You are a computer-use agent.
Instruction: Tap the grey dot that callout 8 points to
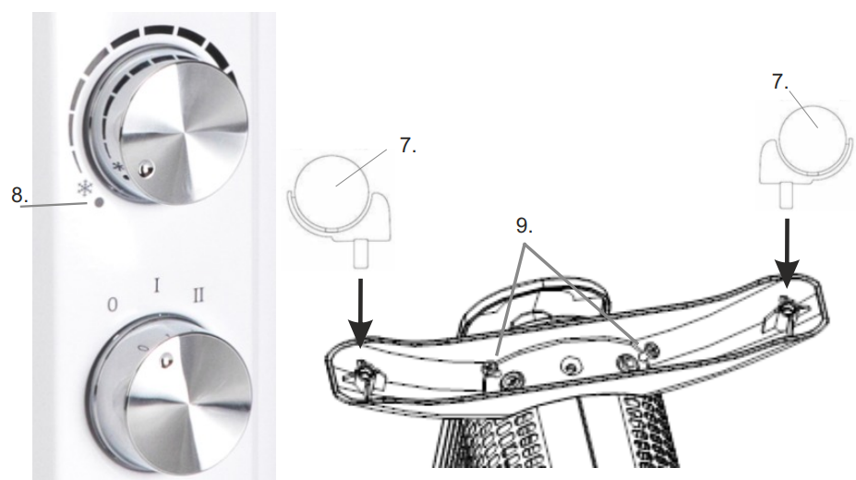pos(99,203)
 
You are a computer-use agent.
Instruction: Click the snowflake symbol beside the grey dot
pos(84,188)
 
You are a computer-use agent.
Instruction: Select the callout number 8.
pos(19,195)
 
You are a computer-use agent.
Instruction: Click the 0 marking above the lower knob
pos(112,305)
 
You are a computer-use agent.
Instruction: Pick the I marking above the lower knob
pos(157,285)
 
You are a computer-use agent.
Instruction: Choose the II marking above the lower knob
pos(199,295)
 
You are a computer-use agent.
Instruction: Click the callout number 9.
pos(524,225)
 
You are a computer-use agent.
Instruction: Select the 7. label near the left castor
pos(407,145)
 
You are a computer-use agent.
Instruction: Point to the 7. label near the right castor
pos(779,81)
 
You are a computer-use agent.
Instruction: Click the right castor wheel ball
pos(814,138)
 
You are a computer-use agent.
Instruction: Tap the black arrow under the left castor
pos(360,313)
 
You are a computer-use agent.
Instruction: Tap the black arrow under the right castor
pos(787,253)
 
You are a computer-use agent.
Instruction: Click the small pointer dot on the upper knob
pos(145,170)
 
